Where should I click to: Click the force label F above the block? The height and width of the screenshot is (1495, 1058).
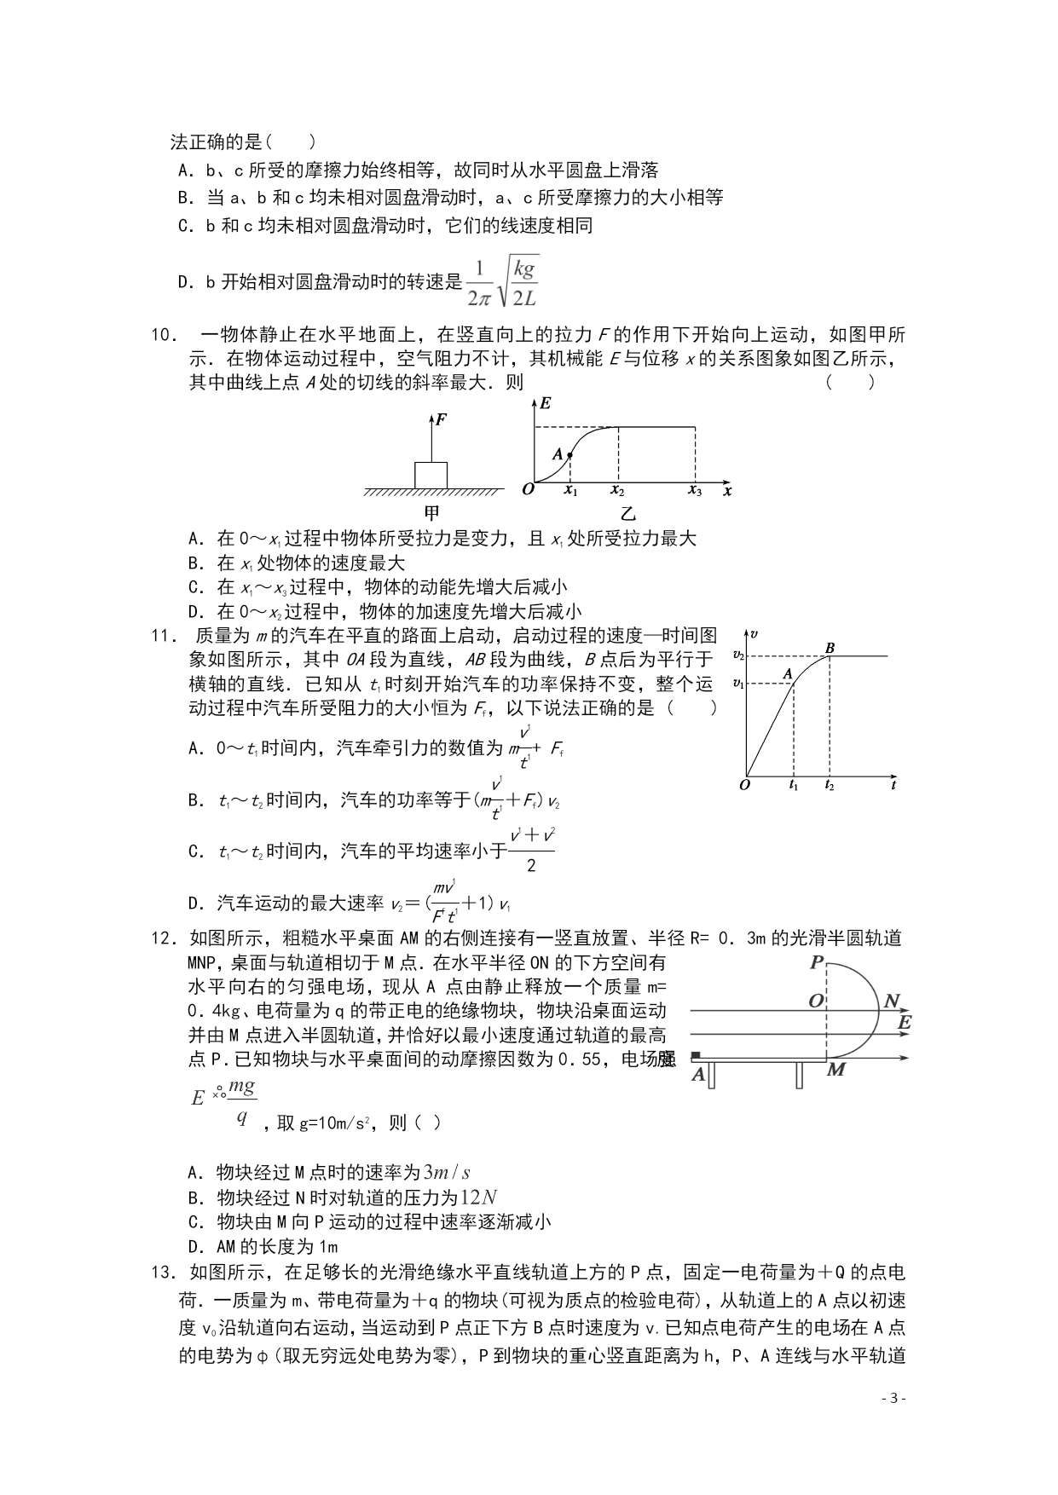(442, 419)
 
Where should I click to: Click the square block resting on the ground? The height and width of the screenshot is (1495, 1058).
(431, 475)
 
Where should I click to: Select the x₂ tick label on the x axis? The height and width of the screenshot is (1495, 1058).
(617, 491)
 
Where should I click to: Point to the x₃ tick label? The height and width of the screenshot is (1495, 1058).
(696, 491)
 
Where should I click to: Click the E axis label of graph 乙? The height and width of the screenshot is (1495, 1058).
(546, 402)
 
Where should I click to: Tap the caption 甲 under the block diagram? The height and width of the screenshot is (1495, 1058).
(432, 513)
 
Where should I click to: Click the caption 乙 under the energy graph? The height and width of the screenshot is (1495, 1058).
(628, 513)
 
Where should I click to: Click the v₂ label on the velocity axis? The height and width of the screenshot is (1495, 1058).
(738, 655)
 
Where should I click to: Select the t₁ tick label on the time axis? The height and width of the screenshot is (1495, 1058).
(794, 786)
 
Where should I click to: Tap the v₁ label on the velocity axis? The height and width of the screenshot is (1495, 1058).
(738, 684)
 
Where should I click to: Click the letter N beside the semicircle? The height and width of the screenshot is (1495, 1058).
(892, 1001)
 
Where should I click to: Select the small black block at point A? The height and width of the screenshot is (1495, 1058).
(696, 1055)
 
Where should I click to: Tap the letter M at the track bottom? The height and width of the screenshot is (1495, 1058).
(836, 1070)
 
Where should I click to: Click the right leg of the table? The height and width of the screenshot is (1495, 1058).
(800, 1076)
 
